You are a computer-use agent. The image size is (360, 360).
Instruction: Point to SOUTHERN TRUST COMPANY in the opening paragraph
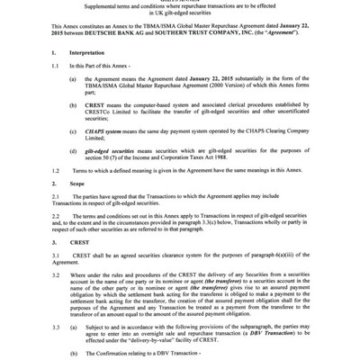[x=235, y=34]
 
